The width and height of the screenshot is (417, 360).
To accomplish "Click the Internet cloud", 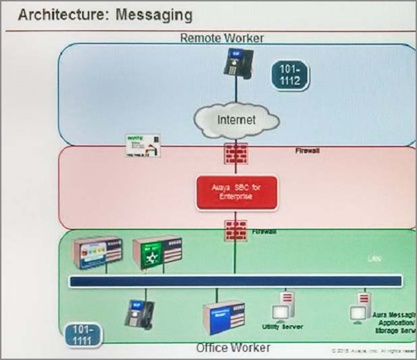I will pos(236,121).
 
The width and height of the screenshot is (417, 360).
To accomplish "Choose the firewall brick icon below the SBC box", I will pos(235,231).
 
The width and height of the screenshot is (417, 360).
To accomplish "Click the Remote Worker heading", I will pos(221,38).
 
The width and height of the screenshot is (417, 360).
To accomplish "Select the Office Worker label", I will pos(233,348).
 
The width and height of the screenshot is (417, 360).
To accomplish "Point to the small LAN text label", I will pos(374,259).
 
